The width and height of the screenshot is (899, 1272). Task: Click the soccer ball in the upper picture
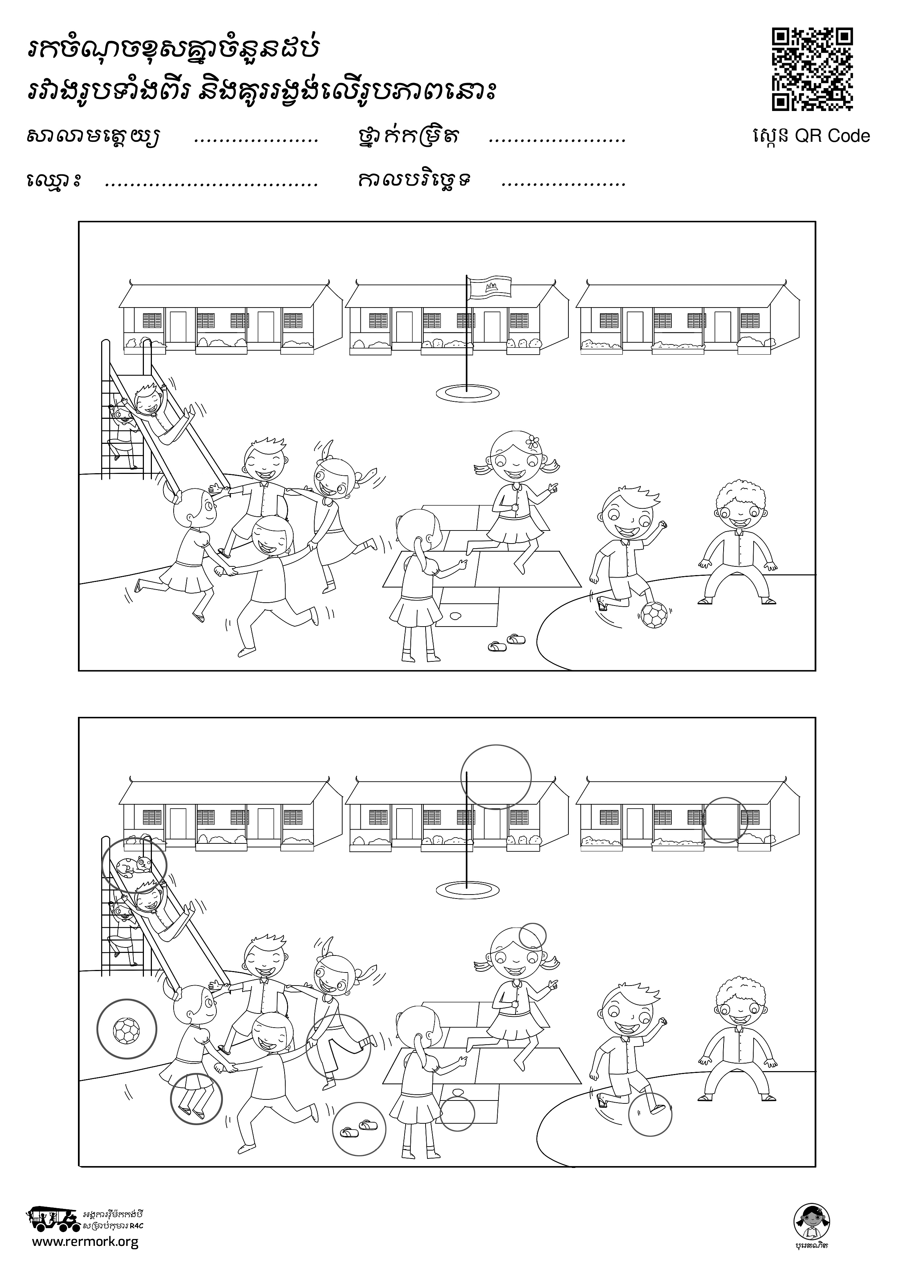coord(654,615)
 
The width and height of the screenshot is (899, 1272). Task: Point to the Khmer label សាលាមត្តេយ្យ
coord(93,136)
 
